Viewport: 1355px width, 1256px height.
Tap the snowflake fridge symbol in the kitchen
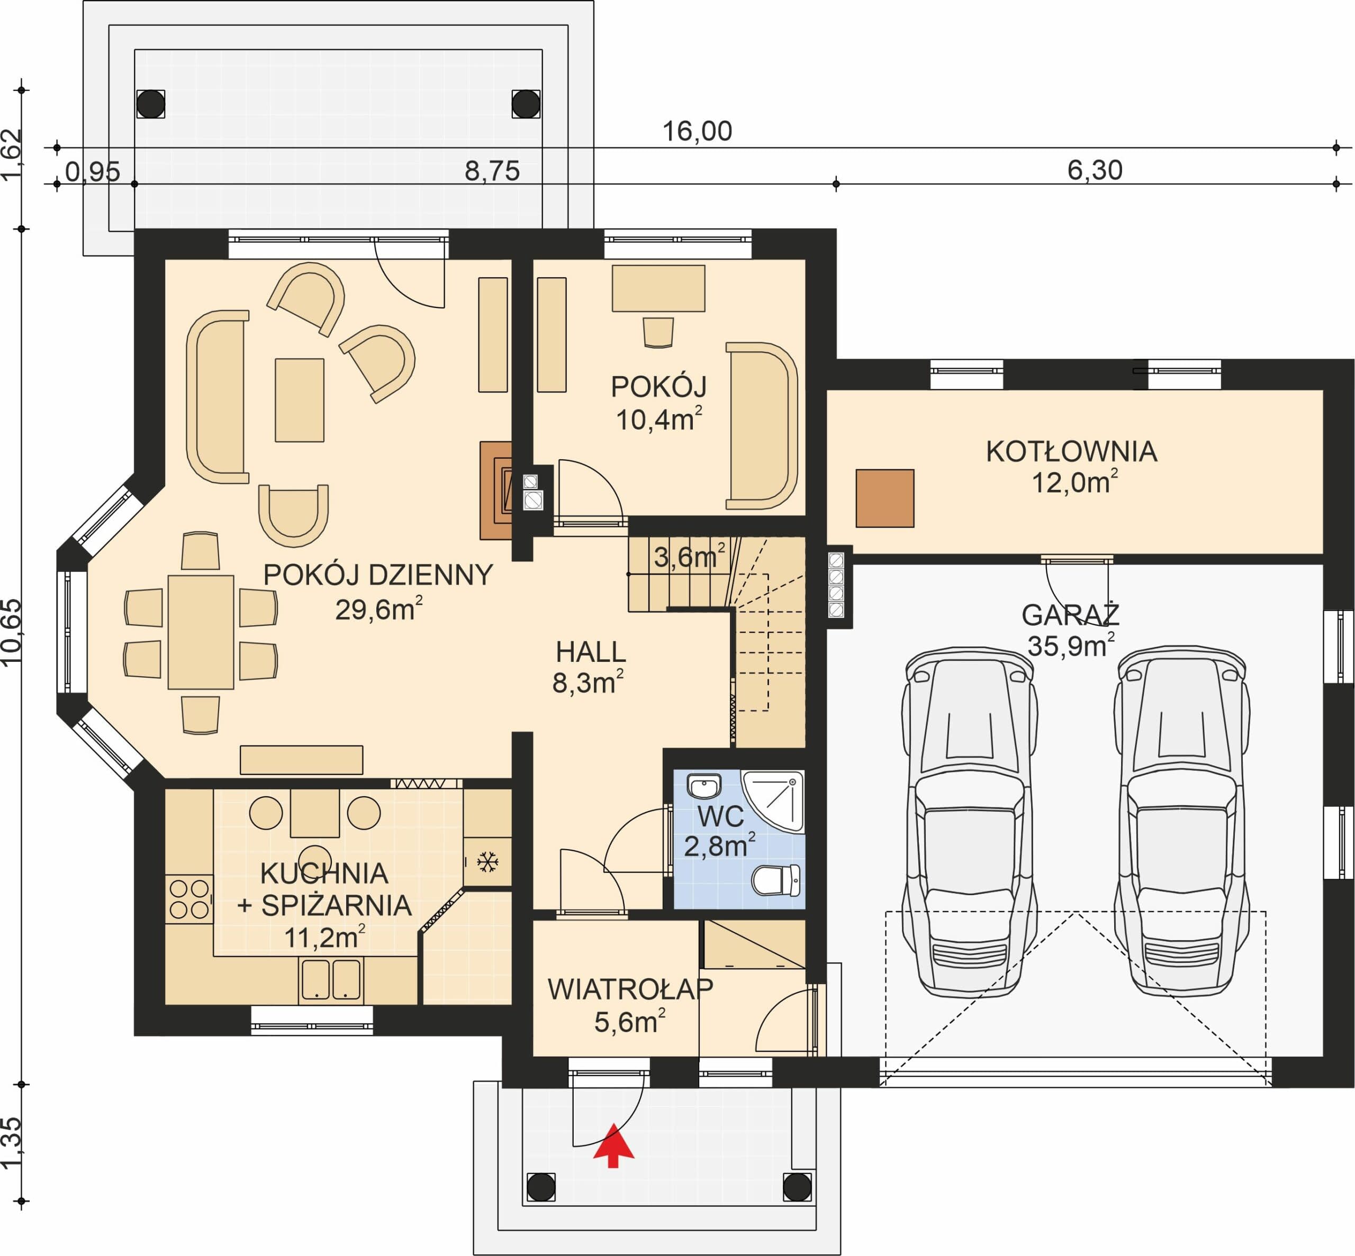point(487,862)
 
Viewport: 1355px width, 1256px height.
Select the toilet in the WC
point(776,880)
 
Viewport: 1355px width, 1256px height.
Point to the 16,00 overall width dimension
point(697,131)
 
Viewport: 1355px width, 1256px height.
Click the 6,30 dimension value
point(1095,170)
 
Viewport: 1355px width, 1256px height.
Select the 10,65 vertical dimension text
point(13,633)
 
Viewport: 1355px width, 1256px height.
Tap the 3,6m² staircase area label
point(689,557)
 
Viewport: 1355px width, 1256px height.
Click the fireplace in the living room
point(496,491)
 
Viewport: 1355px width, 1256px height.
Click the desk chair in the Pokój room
point(658,332)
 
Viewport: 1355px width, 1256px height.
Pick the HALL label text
point(590,652)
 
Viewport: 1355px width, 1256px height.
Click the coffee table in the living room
point(299,401)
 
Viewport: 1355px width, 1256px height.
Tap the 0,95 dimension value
point(93,171)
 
